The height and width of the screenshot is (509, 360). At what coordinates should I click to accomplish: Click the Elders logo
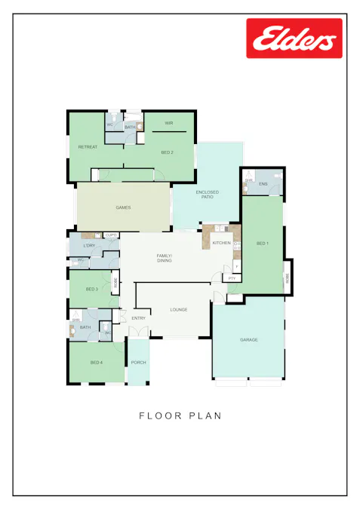pos(294,38)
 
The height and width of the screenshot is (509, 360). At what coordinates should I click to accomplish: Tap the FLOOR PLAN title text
pos(180,415)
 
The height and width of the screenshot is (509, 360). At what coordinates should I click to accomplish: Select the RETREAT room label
pos(88,147)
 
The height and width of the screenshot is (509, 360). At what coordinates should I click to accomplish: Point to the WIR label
pos(169,122)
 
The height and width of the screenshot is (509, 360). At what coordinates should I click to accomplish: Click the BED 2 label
pos(168,153)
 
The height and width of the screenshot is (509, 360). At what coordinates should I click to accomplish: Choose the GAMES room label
pos(123,207)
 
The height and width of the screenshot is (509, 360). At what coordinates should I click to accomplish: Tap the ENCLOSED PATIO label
pos(208,195)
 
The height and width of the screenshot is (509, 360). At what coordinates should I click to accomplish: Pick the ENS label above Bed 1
pos(263,184)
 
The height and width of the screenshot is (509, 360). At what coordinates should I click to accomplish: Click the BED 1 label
pos(262,244)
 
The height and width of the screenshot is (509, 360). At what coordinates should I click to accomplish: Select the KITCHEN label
pos(221,243)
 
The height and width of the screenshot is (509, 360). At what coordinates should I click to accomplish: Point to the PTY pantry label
pos(232,278)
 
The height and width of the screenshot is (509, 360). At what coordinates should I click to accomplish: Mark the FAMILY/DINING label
pos(165,259)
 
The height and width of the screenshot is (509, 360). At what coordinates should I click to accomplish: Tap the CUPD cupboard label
pos(111,235)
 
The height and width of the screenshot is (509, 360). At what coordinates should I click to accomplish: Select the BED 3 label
pos(91,289)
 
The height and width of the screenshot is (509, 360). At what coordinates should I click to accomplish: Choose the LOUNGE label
pos(179,309)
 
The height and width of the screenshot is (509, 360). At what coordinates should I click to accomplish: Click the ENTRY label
pos(139,318)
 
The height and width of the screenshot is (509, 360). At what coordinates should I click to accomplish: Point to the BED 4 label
pos(96,363)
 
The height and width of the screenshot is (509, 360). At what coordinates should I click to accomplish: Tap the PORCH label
pos(138,363)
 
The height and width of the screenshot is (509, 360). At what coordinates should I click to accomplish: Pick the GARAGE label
pos(249,340)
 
